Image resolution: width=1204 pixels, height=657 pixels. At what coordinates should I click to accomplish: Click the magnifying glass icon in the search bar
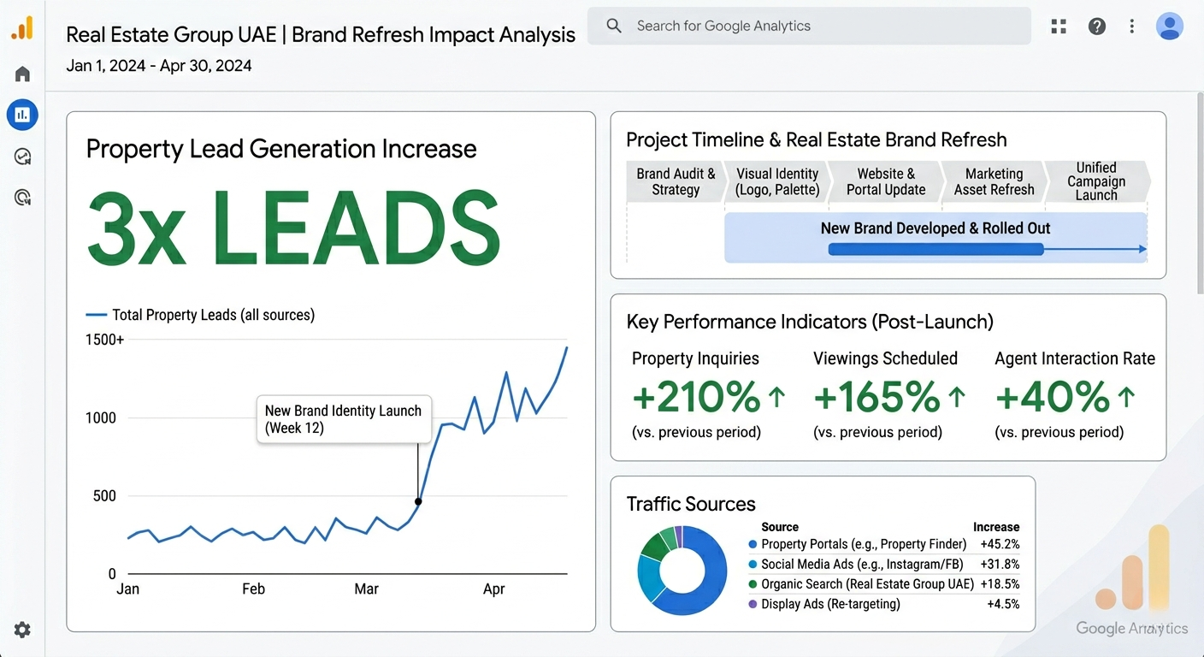[x=614, y=26]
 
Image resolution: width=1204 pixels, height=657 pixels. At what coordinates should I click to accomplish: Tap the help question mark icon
[x=1096, y=26]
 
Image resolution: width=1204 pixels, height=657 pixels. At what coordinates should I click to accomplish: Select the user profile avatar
[x=1170, y=26]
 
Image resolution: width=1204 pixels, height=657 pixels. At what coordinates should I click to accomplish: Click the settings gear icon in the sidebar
[x=22, y=630]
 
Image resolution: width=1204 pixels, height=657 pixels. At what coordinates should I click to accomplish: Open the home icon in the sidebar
[x=22, y=74]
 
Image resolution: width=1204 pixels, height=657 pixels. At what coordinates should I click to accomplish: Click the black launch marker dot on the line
[x=418, y=501]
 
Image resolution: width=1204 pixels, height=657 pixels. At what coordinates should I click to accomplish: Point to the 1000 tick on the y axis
[x=101, y=417]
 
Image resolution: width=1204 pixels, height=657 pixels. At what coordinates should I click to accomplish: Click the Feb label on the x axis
[x=253, y=589]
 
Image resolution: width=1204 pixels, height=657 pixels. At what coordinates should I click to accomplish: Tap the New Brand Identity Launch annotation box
[x=344, y=419]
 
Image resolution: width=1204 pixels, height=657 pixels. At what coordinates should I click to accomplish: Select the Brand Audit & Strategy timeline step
[x=676, y=181]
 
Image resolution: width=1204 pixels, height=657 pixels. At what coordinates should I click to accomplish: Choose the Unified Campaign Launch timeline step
[x=1096, y=181]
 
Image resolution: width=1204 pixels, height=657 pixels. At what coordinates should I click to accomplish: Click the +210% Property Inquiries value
[x=696, y=397]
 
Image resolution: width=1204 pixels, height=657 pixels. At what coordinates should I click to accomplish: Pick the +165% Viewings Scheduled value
[x=876, y=397]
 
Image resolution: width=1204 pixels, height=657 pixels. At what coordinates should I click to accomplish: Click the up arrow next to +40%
[x=1126, y=397]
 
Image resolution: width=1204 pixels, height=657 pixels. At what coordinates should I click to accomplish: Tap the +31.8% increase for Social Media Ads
[x=1000, y=564]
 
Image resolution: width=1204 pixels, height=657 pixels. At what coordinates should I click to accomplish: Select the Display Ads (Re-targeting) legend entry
[x=824, y=604]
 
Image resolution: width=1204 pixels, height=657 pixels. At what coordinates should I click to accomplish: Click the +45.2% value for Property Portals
[x=1000, y=544]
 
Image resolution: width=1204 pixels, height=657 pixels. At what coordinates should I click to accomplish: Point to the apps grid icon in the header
[x=1059, y=27]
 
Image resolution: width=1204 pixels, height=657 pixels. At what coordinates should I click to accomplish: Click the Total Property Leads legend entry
[x=200, y=315]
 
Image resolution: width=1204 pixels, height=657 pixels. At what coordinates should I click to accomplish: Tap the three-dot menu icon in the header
[x=1131, y=27]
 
